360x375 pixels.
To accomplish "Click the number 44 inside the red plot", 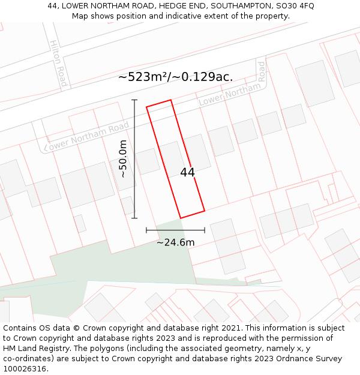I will click(x=187, y=172).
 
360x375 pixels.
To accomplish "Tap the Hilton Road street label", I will click(x=58, y=63).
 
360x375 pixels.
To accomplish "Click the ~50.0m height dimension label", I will click(x=123, y=159).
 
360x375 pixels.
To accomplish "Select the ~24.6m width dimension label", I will click(x=175, y=242).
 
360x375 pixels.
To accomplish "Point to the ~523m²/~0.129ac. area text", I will click(x=175, y=77).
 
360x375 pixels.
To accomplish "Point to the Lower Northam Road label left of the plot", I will click(x=86, y=136).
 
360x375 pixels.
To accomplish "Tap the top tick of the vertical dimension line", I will click(x=134, y=100).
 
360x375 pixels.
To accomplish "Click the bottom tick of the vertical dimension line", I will click(x=134, y=218).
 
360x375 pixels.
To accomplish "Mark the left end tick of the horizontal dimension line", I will click(x=146, y=230).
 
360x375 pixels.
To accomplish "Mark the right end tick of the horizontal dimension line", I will click(x=205, y=230).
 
